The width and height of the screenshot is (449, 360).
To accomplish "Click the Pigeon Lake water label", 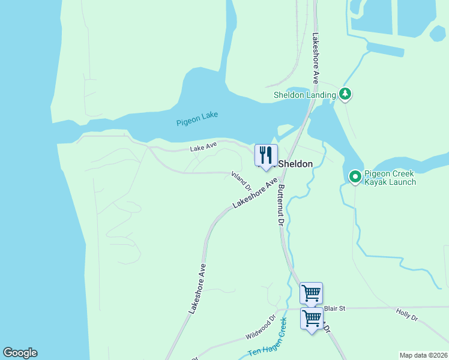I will click(x=197, y=118).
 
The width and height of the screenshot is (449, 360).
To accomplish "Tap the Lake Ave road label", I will click(x=203, y=147).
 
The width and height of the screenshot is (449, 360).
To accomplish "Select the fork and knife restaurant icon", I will click(x=266, y=155).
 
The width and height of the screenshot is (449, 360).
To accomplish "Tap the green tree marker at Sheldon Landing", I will click(x=345, y=94).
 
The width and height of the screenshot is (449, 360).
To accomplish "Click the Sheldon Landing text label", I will click(x=304, y=95).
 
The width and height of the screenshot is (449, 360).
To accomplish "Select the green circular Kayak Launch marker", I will click(x=355, y=176).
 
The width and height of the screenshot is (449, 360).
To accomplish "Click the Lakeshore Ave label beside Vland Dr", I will click(x=255, y=193).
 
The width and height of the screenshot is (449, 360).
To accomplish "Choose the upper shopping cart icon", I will click(x=311, y=293).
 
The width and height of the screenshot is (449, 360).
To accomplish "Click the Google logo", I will click(x=20, y=353).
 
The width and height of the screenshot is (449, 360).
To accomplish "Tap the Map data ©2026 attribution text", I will click(x=423, y=355).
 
